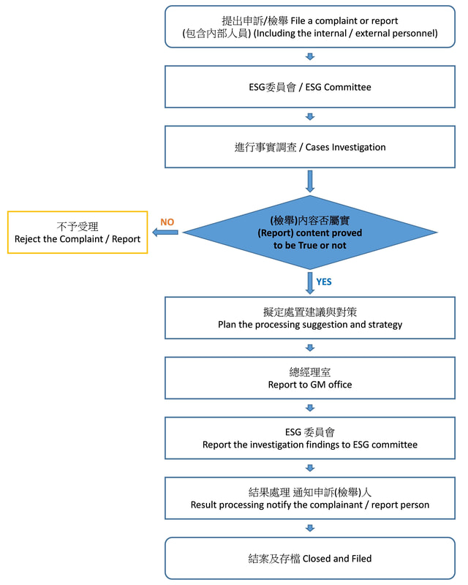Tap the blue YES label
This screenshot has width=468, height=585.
(324, 282)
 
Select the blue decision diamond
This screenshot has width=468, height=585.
(310, 233)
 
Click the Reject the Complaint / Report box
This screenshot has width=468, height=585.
(78, 233)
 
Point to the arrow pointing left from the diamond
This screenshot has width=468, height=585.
(169, 233)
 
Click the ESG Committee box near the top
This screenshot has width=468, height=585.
(310, 87)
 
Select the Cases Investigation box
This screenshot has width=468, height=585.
(310, 147)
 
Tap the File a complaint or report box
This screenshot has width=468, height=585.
(310, 27)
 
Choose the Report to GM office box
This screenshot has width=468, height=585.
(310, 378)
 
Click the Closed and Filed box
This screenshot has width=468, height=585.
(310, 558)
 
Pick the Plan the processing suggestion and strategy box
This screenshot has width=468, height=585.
(310, 318)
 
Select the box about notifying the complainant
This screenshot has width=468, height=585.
(310, 498)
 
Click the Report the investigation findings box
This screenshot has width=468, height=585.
(310, 438)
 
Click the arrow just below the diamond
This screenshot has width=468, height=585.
(310, 282)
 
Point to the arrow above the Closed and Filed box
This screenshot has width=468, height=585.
(310, 528)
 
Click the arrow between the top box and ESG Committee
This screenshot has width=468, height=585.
(310, 57)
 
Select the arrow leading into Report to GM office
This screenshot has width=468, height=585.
(310, 348)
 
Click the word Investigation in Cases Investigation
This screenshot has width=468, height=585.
(359, 147)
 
